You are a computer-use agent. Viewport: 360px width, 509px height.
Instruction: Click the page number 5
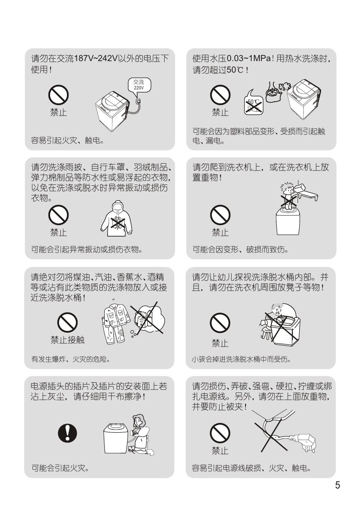tap(337, 485)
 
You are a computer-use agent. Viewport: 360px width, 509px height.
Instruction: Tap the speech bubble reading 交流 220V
tap(139, 86)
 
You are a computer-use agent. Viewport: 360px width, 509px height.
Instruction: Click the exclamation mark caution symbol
tap(68, 433)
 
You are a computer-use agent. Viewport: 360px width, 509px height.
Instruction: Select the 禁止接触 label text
tap(68, 340)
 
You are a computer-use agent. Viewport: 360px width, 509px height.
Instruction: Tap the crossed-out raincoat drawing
tap(117, 219)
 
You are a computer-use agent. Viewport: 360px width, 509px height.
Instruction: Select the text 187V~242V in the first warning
tap(96, 59)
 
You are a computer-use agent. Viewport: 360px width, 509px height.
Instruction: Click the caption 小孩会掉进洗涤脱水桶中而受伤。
tap(241, 359)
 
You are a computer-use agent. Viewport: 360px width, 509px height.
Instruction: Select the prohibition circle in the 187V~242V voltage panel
tap(58, 95)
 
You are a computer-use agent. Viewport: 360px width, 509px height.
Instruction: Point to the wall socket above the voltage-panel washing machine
tap(138, 101)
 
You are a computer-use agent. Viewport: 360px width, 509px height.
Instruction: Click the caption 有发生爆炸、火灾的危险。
tap(71, 359)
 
